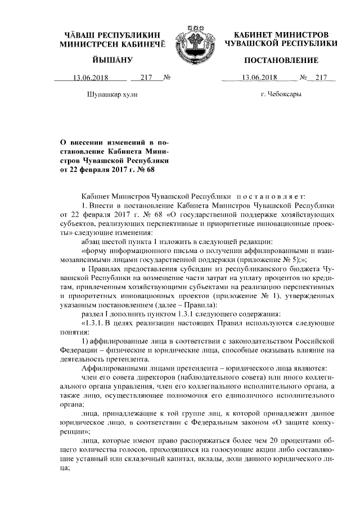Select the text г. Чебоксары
click(x=281, y=94)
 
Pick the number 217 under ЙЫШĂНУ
click(x=147, y=78)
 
